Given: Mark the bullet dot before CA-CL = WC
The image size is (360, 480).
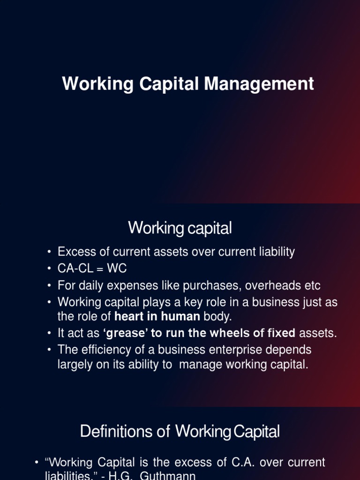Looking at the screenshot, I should point(49,269).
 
